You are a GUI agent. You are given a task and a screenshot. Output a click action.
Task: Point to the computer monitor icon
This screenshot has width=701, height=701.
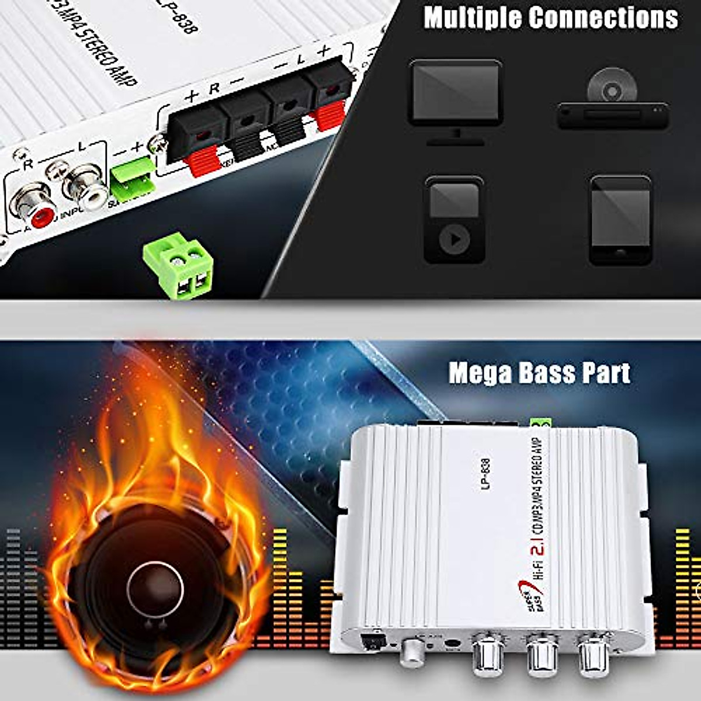point(455,96)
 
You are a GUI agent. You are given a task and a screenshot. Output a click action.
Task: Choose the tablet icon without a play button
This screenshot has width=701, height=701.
point(620,219)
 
